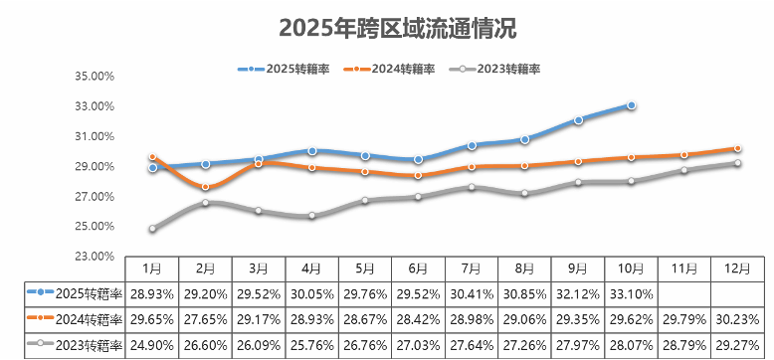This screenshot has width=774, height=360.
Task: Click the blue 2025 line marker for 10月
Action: (x=632, y=105)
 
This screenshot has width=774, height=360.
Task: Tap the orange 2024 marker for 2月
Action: (x=206, y=187)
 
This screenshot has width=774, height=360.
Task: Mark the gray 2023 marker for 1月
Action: (x=152, y=229)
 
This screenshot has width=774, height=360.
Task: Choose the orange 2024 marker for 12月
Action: (x=737, y=149)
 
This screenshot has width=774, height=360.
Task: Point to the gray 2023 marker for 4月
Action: (x=312, y=216)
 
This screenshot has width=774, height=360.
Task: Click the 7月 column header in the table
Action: (x=472, y=269)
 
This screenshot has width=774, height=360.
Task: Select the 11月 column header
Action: (x=684, y=269)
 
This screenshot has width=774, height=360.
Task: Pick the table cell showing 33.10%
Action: (x=631, y=294)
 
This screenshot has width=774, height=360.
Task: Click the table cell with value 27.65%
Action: (x=205, y=320)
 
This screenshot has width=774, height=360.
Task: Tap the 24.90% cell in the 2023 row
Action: (x=151, y=345)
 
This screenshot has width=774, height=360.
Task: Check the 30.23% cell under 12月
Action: (x=737, y=320)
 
